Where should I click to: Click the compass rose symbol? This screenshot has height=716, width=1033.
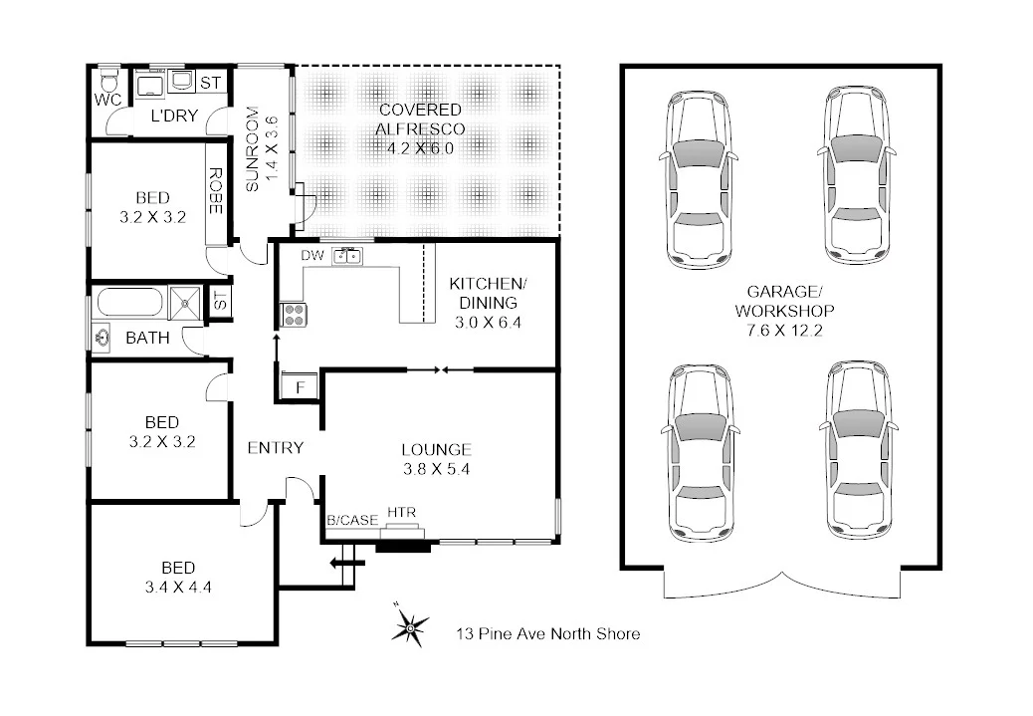coord(408,626)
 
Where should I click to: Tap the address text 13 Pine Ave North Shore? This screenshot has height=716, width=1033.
coord(547,633)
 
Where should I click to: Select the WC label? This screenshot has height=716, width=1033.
coord(107,100)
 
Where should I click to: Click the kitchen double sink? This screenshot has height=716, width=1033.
coord(347,256)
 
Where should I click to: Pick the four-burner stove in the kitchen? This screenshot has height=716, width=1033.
coord(295,315)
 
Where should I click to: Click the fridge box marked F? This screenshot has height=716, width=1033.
coord(298,384)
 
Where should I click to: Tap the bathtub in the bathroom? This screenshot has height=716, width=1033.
coord(128,302)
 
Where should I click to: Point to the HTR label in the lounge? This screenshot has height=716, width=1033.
coord(401,513)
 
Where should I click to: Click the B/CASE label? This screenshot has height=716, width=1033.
coord(351,520)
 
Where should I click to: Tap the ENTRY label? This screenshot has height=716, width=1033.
coord(275,448)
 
